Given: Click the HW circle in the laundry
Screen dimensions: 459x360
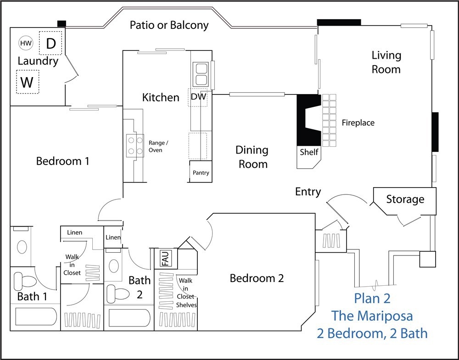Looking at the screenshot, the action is point(26,43).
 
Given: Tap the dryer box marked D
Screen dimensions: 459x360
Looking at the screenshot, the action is point(50,43).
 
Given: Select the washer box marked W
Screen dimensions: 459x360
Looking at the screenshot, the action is point(28,82).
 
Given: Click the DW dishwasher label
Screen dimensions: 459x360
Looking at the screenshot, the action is point(198,96).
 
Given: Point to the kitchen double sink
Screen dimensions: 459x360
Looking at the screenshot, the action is point(201,74).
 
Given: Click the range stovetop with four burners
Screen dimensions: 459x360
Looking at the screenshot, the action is point(135,145).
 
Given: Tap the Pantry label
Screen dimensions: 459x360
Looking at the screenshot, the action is point(201,172).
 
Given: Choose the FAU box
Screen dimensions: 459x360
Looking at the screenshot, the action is point(166,259).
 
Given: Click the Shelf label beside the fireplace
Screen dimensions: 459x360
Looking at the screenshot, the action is point(309,152).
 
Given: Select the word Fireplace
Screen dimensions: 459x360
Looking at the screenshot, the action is point(358,122).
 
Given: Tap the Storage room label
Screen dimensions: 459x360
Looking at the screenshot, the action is point(405,199).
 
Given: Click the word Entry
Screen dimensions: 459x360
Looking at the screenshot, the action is point(308,192).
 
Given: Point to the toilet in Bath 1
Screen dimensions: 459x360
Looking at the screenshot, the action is point(25,280).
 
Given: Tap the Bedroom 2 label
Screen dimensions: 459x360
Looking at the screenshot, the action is point(257,278).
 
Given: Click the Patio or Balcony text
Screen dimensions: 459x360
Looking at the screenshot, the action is point(169,25).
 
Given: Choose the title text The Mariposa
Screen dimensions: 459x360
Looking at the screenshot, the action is point(372,316).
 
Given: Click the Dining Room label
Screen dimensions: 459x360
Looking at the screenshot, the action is point(252,157).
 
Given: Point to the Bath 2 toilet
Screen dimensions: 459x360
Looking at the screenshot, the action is point(118,294).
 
